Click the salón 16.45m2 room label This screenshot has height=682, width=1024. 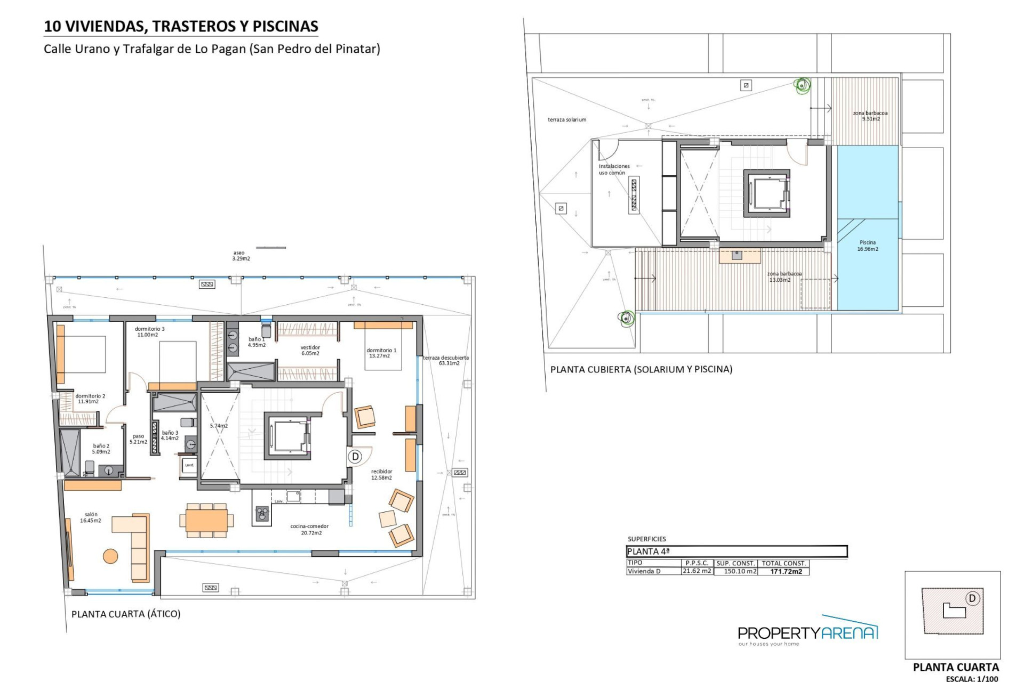pyautogui.click(x=90, y=517)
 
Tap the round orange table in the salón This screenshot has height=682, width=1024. pyautogui.click(x=110, y=556)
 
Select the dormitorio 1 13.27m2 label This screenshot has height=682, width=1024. pyautogui.click(x=381, y=353)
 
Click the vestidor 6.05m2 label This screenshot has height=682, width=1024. pyautogui.click(x=310, y=350)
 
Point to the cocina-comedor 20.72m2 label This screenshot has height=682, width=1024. pyautogui.click(x=309, y=529)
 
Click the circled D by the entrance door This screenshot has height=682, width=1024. pyautogui.click(x=355, y=457)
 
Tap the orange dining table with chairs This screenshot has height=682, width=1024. pyautogui.click(x=206, y=519)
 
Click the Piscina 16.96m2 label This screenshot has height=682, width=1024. pyautogui.click(x=867, y=246)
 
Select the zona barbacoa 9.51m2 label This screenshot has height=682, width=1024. pyautogui.click(x=870, y=116)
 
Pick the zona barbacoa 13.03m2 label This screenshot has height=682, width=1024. pyautogui.click(x=784, y=277)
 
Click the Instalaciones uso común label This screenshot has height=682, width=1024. pyautogui.click(x=613, y=169)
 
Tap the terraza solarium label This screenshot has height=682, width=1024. pyautogui.click(x=566, y=120)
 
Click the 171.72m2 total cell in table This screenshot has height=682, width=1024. pyautogui.click(x=786, y=571)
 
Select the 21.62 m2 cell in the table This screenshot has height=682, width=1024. pyautogui.click(x=697, y=571)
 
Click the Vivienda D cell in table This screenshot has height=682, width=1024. pyautogui.click(x=644, y=571)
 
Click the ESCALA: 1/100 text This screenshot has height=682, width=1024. pyautogui.click(x=971, y=678)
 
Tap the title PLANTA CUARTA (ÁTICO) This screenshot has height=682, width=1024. pyautogui.click(x=126, y=614)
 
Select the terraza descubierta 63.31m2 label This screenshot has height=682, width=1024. pyautogui.click(x=446, y=360)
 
